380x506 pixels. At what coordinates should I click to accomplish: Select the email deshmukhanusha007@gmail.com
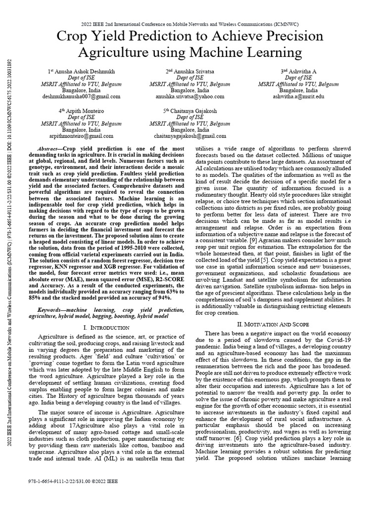tap(80, 96)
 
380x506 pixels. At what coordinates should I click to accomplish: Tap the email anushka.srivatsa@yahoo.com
tap(190, 96)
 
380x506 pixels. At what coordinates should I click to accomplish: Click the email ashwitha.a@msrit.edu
tap(298, 96)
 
